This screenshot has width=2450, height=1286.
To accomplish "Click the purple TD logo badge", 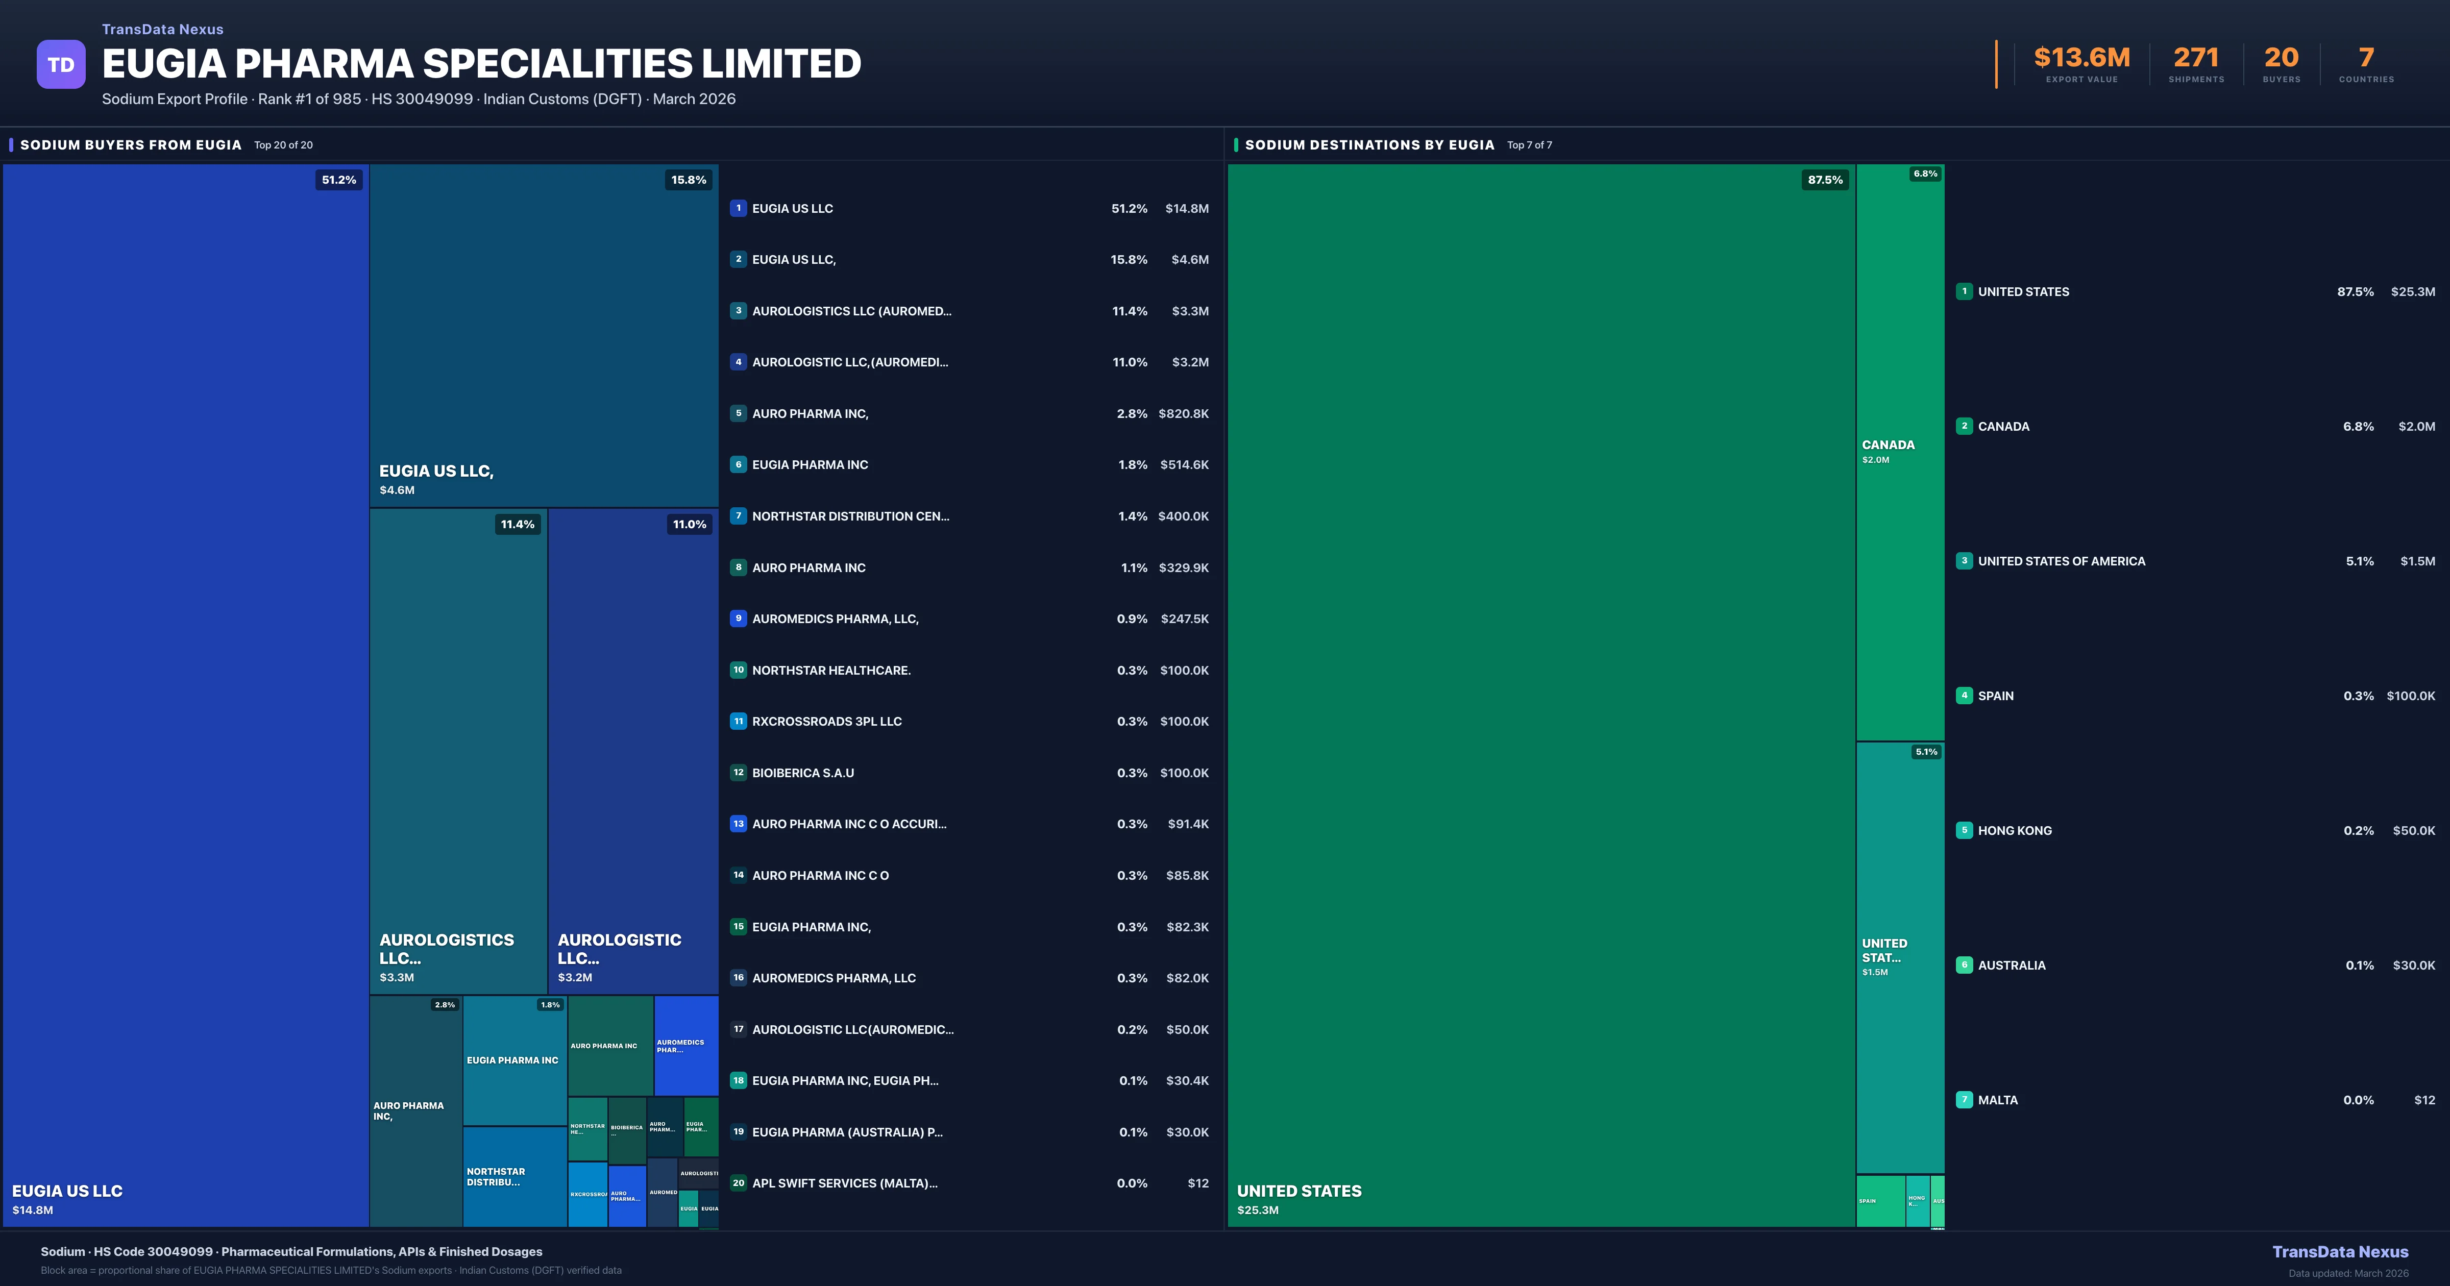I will pos(61,65).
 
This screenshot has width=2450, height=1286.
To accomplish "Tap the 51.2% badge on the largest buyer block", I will pos(338,180).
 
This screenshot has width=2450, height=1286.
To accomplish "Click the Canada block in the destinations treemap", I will pos(1899,452).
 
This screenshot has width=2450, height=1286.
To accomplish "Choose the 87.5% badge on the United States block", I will pos(1824,180).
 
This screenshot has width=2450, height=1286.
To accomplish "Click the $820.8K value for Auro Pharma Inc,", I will pos(1183,414).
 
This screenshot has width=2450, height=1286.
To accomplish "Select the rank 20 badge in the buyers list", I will pos(738,1183).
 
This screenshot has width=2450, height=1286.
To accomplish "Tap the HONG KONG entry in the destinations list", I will pos(2015,830).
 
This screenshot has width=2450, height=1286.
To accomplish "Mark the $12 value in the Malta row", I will pos(2424,1101).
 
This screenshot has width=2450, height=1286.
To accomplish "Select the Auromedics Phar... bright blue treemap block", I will pos(685,1045).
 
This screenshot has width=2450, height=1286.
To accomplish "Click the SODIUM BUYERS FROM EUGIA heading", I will pos(130,144).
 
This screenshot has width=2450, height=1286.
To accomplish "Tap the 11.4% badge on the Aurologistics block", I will pos(518,524).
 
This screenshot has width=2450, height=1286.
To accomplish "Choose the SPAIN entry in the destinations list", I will pos(1995,696).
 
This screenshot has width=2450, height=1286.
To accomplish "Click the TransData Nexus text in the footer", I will pos(2340,1252).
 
